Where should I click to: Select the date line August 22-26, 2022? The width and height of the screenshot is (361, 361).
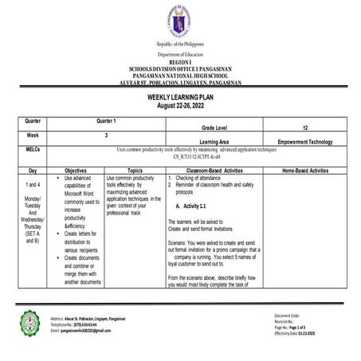[x=180, y=104]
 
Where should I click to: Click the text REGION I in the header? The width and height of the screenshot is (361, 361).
[x=180, y=61]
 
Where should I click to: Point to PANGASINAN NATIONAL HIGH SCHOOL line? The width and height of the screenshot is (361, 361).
[x=180, y=73]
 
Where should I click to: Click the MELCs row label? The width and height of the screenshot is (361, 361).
[x=33, y=148]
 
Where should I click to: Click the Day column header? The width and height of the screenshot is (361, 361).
[x=33, y=170]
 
